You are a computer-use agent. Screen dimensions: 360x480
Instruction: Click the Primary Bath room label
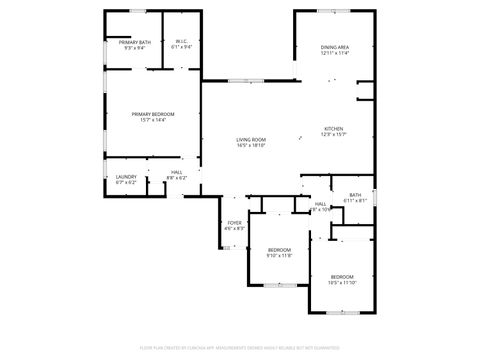pos(133,44)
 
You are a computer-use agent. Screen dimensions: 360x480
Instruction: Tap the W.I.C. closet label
pos(181,44)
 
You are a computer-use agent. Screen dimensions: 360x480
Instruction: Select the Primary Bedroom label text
pos(153,117)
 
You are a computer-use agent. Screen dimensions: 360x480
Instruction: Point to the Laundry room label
pos(125,180)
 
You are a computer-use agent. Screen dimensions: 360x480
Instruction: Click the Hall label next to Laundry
pos(176,175)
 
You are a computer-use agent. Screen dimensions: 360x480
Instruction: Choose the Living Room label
pos(250,142)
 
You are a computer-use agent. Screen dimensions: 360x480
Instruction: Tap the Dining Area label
pos(334,50)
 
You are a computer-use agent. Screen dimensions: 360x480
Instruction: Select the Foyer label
pos(234,225)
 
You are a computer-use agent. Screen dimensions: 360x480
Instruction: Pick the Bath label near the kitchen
pos(355,197)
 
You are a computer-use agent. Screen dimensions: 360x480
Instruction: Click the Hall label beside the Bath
pos(320,206)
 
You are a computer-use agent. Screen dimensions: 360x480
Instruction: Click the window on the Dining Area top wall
pos(334,12)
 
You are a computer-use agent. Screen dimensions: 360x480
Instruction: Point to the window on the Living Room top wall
pos(244,81)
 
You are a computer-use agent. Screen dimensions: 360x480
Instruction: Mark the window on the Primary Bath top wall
pos(133,12)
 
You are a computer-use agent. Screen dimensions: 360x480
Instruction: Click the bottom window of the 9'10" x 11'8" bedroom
pos(279,286)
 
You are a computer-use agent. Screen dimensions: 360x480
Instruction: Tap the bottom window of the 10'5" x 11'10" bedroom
pos(342,313)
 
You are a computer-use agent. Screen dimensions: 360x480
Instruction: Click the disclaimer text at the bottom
pos(239,347)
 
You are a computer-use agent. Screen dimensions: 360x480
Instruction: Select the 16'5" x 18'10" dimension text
pos(250,146)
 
